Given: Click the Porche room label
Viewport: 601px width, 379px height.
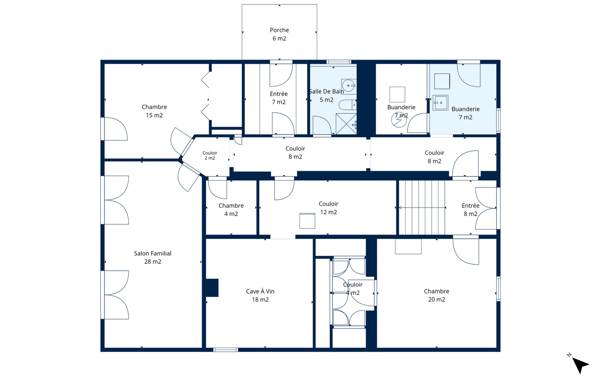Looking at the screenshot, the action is tap(279, 34).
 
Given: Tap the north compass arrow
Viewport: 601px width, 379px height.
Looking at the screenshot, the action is tap(580, 365).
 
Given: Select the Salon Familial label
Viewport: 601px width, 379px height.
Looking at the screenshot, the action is tap(153, 257).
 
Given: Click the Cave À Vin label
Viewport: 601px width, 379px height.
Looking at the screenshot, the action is tap(260, 295).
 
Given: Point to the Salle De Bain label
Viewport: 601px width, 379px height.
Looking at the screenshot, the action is tap(326, 96).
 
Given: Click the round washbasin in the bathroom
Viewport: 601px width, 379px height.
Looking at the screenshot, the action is tap(349, 86).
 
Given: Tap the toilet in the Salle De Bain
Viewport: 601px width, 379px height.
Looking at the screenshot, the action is tap(347, 105).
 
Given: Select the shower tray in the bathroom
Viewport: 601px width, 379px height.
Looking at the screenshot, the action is tap(346, 124).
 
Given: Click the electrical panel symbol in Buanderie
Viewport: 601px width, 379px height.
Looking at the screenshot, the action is tap(399, 120).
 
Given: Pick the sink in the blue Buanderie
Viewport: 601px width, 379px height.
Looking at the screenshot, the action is tap(440, 103).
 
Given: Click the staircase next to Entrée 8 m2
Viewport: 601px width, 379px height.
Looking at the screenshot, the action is tap(422, 208).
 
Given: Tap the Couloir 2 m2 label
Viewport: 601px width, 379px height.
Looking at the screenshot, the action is tap(210, 155).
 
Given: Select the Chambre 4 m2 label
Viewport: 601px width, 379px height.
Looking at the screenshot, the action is tap(231, 210).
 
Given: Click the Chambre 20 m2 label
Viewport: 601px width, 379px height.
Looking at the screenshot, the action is tap(436, 295).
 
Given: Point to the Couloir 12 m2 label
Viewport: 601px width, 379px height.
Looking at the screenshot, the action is tap(328, 208).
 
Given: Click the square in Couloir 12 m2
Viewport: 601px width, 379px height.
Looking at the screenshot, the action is tap(307, 221).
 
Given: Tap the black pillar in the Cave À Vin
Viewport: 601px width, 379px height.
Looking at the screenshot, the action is tap(212, 288).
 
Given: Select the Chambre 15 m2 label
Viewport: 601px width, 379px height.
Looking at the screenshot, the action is tap(154, 111).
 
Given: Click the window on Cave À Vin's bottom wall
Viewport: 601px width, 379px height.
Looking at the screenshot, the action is tap(226, 350).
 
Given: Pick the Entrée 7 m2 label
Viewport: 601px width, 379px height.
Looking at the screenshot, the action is tap(279, 98).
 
